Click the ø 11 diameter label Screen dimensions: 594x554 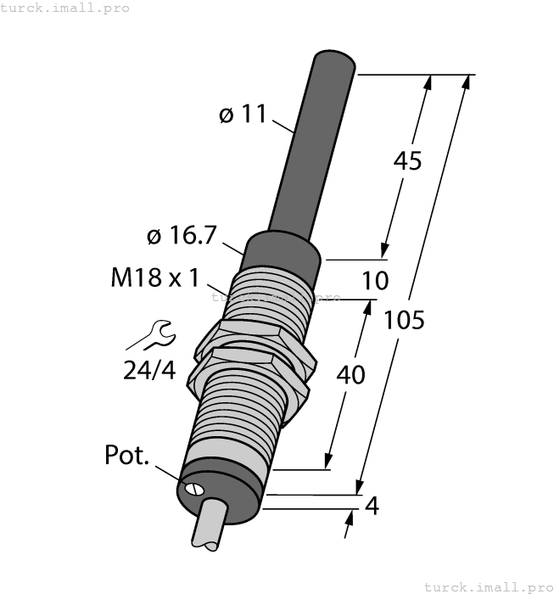(x=243, y=115)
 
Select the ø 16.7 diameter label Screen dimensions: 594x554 (x=182, y=237)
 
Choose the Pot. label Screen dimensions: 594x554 (x=126, y=456)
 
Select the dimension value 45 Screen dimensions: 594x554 (x=407, y=161)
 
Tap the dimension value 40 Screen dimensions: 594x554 (x=351, y=373)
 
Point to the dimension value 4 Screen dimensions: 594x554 (x=371, y=507)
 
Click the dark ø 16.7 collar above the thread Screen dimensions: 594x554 (x=283, y=249)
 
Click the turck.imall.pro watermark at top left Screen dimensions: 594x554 (x=65, y=8)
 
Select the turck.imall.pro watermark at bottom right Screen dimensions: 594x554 (x=487, y=586)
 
